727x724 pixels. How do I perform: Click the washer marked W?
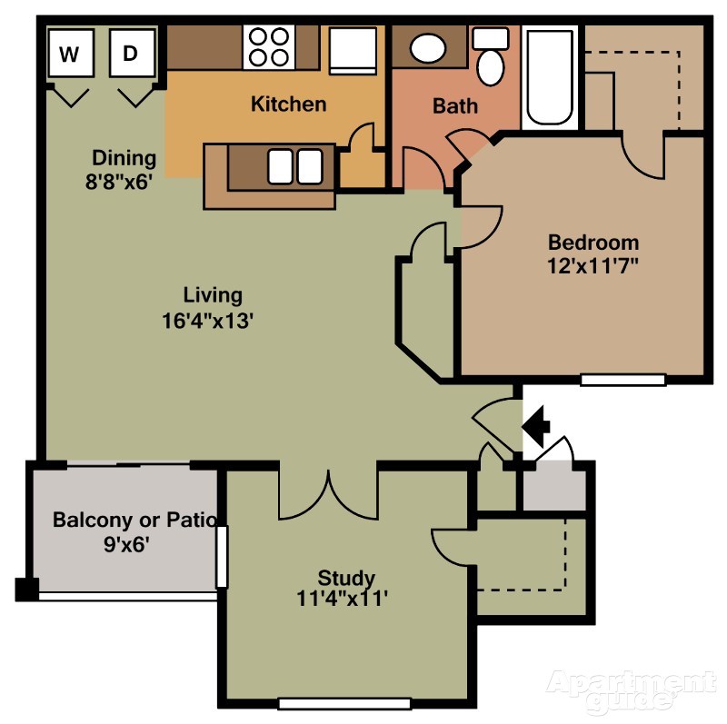pyautogui.click(x=71, y=53)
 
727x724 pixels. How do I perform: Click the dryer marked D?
pyautogui.click(x=132, y=53)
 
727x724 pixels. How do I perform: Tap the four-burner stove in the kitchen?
pyautogui.click(x=269, y=47)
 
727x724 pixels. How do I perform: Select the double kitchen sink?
pyautogui.click(x=294, y=166)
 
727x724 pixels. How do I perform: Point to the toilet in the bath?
pyautogui.click(x=490, y=57)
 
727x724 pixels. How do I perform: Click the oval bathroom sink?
pyautogui.click(x=428, y=48)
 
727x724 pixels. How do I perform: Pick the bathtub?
pyautogui.click(x=550, y=77)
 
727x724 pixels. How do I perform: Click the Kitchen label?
pyautogui.click(x=288, y=104)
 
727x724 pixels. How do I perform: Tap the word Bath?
pyautogui.click(x=455, y=105)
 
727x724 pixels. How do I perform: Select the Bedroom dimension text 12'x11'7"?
pyautogui.click(x=593, y=266)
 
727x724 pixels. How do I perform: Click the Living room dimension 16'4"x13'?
pyautogui.click(x=207, y=321)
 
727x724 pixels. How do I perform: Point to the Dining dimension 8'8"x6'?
pyautogui.click(x=119, y=182)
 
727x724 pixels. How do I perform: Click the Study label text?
pyautogui.click(x=346, y=578)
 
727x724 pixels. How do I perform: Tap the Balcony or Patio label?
pyautogui.click(x=134, y=520)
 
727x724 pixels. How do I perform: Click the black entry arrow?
pyautogui.click(x=536, y=426)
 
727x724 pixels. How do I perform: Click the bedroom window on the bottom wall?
pyautogui.click(x=623, y=380)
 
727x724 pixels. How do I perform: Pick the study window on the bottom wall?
pyautogui.click(x=345, y=704)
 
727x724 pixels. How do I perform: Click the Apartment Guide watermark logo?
pyautogui.click(x=631, y=690)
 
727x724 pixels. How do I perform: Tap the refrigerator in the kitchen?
pyautogui.click(x=353, y=51)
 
